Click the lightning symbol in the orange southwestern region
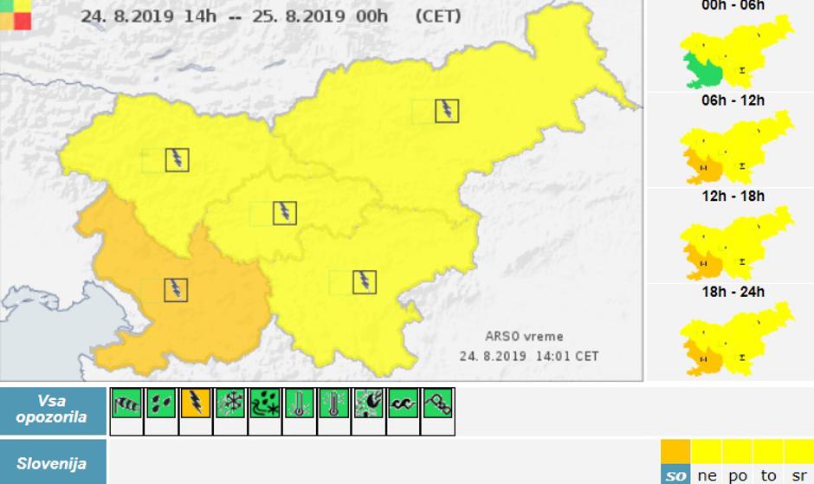(x=177, y=289)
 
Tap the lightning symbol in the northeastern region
(x=447, y=111)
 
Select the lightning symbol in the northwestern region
(x=178, y=159)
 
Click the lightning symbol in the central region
(x=285, y=212)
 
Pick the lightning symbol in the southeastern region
(x=365, y=281)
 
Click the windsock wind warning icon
(x=126, y=403)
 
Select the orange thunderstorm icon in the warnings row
(x=196, y=403)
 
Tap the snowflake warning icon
(x=230, y=403)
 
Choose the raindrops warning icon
(x=161, y=403)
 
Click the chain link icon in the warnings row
(x=438, y=403)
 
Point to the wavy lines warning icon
(x=404, y=403)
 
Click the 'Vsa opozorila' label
(x=52, y=410)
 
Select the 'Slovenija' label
(x=52, y=463)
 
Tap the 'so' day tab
(x=675, y=475)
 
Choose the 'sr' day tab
(x=798, y=475)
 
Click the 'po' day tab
(x=737, y=475)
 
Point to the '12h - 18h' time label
(x=733, y=197)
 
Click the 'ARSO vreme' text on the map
(x=524, y=337)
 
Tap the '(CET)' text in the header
(x=438, y=16)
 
